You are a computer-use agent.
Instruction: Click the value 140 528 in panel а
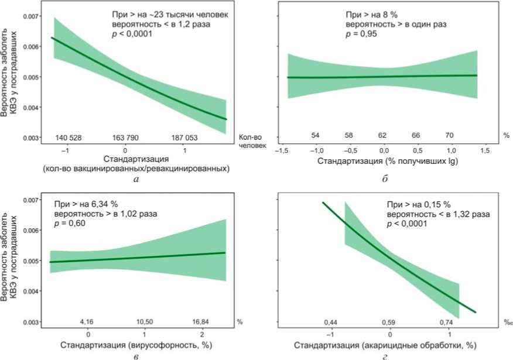click(x=69, y=138)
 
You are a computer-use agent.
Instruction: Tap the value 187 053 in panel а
click(x=185, y=138)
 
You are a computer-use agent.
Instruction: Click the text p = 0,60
click(x=71, y=223)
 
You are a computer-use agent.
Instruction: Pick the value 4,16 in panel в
click(x=87, y=322)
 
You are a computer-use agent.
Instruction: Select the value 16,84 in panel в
click(x=200, y=322)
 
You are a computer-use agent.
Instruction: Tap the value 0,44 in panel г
click(x=330, y=322)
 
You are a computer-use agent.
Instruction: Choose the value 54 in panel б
click(x=314, y=136)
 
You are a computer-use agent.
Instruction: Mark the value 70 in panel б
click(x=450, y=136)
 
